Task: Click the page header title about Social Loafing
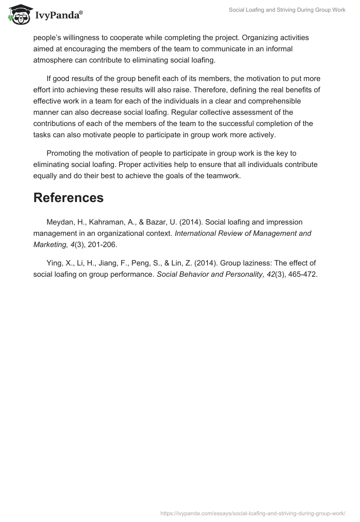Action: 287,10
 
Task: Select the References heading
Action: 68,198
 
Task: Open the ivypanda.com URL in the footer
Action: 253,513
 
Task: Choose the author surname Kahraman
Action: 103,222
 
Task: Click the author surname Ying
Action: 54,263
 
